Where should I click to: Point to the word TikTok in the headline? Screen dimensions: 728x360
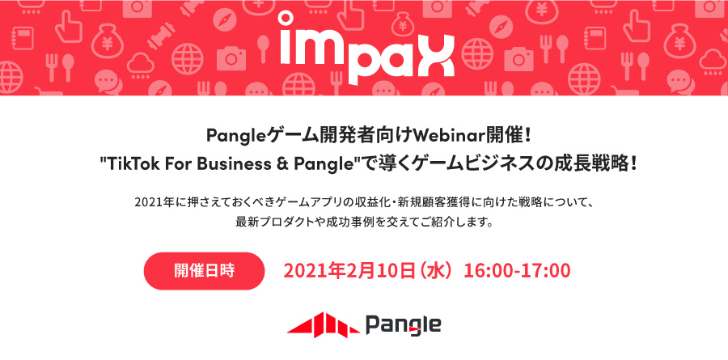(x=132, y=164)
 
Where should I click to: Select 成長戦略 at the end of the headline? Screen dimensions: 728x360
(x=594, y=164)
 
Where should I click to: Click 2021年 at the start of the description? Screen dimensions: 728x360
(x=151, y=203)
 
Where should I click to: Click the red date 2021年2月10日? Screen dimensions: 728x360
(x=349, y=271)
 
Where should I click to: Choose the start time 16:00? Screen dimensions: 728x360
(x=487, y=271)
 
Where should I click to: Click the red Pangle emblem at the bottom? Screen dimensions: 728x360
(x=324, y=324)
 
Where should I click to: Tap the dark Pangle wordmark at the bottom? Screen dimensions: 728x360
(x=403, y=324)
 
